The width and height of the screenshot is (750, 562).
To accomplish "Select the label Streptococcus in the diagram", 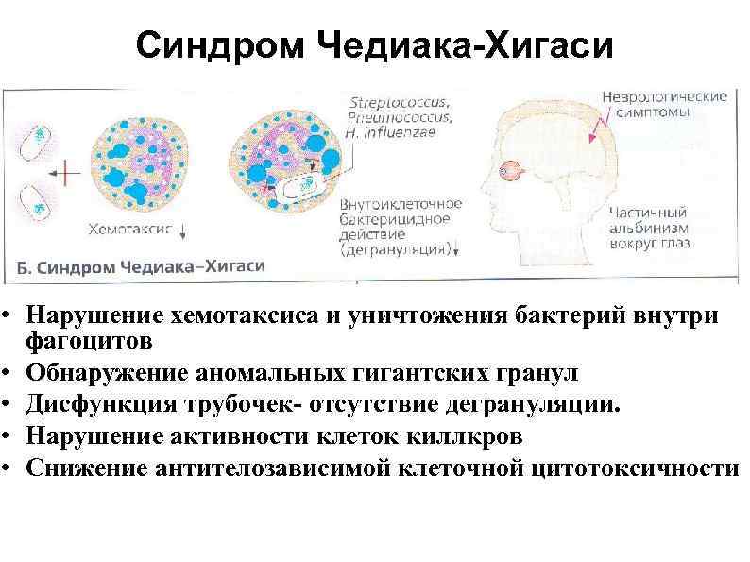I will pos(400,102).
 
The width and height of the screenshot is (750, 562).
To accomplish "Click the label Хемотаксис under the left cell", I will pos(129,229).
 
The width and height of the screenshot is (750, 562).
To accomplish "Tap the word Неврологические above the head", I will pos(664,96).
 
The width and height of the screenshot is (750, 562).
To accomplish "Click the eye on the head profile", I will pos(511,172).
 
